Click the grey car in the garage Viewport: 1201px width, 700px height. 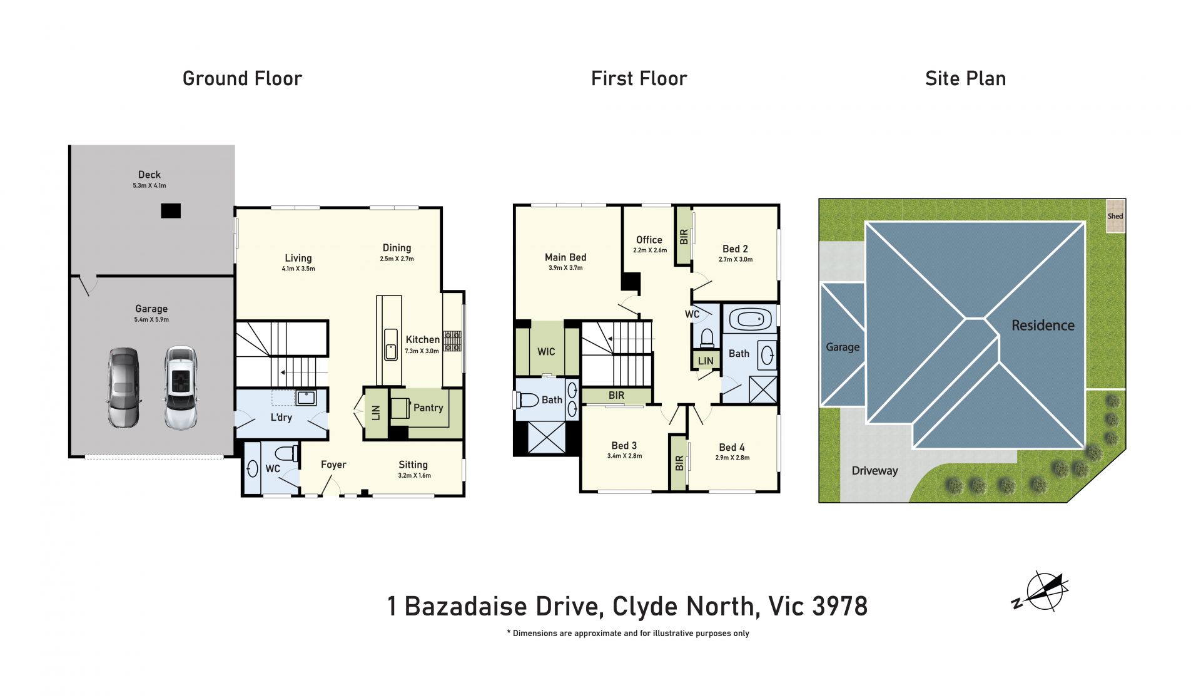point(124,388)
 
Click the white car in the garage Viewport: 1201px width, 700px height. point(181,388)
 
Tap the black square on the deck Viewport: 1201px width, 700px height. point(171,211)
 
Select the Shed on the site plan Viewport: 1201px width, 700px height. point(1115,216)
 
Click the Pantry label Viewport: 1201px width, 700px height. point(428,408)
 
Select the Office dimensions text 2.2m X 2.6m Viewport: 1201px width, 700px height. point(650,250)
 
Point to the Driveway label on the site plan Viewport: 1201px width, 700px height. point(874,471)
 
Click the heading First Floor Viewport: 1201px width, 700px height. point(639,78)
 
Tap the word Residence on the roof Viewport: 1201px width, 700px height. point(1043,326)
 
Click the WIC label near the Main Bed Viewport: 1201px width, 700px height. point(546,352)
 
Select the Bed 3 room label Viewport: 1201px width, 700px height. point(624,446)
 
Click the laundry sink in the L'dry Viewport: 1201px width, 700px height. point(306,398)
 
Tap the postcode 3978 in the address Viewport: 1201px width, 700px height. point(840,606)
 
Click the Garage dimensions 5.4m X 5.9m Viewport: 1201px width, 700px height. point(151,320)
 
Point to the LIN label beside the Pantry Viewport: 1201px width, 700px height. point(376,413)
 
